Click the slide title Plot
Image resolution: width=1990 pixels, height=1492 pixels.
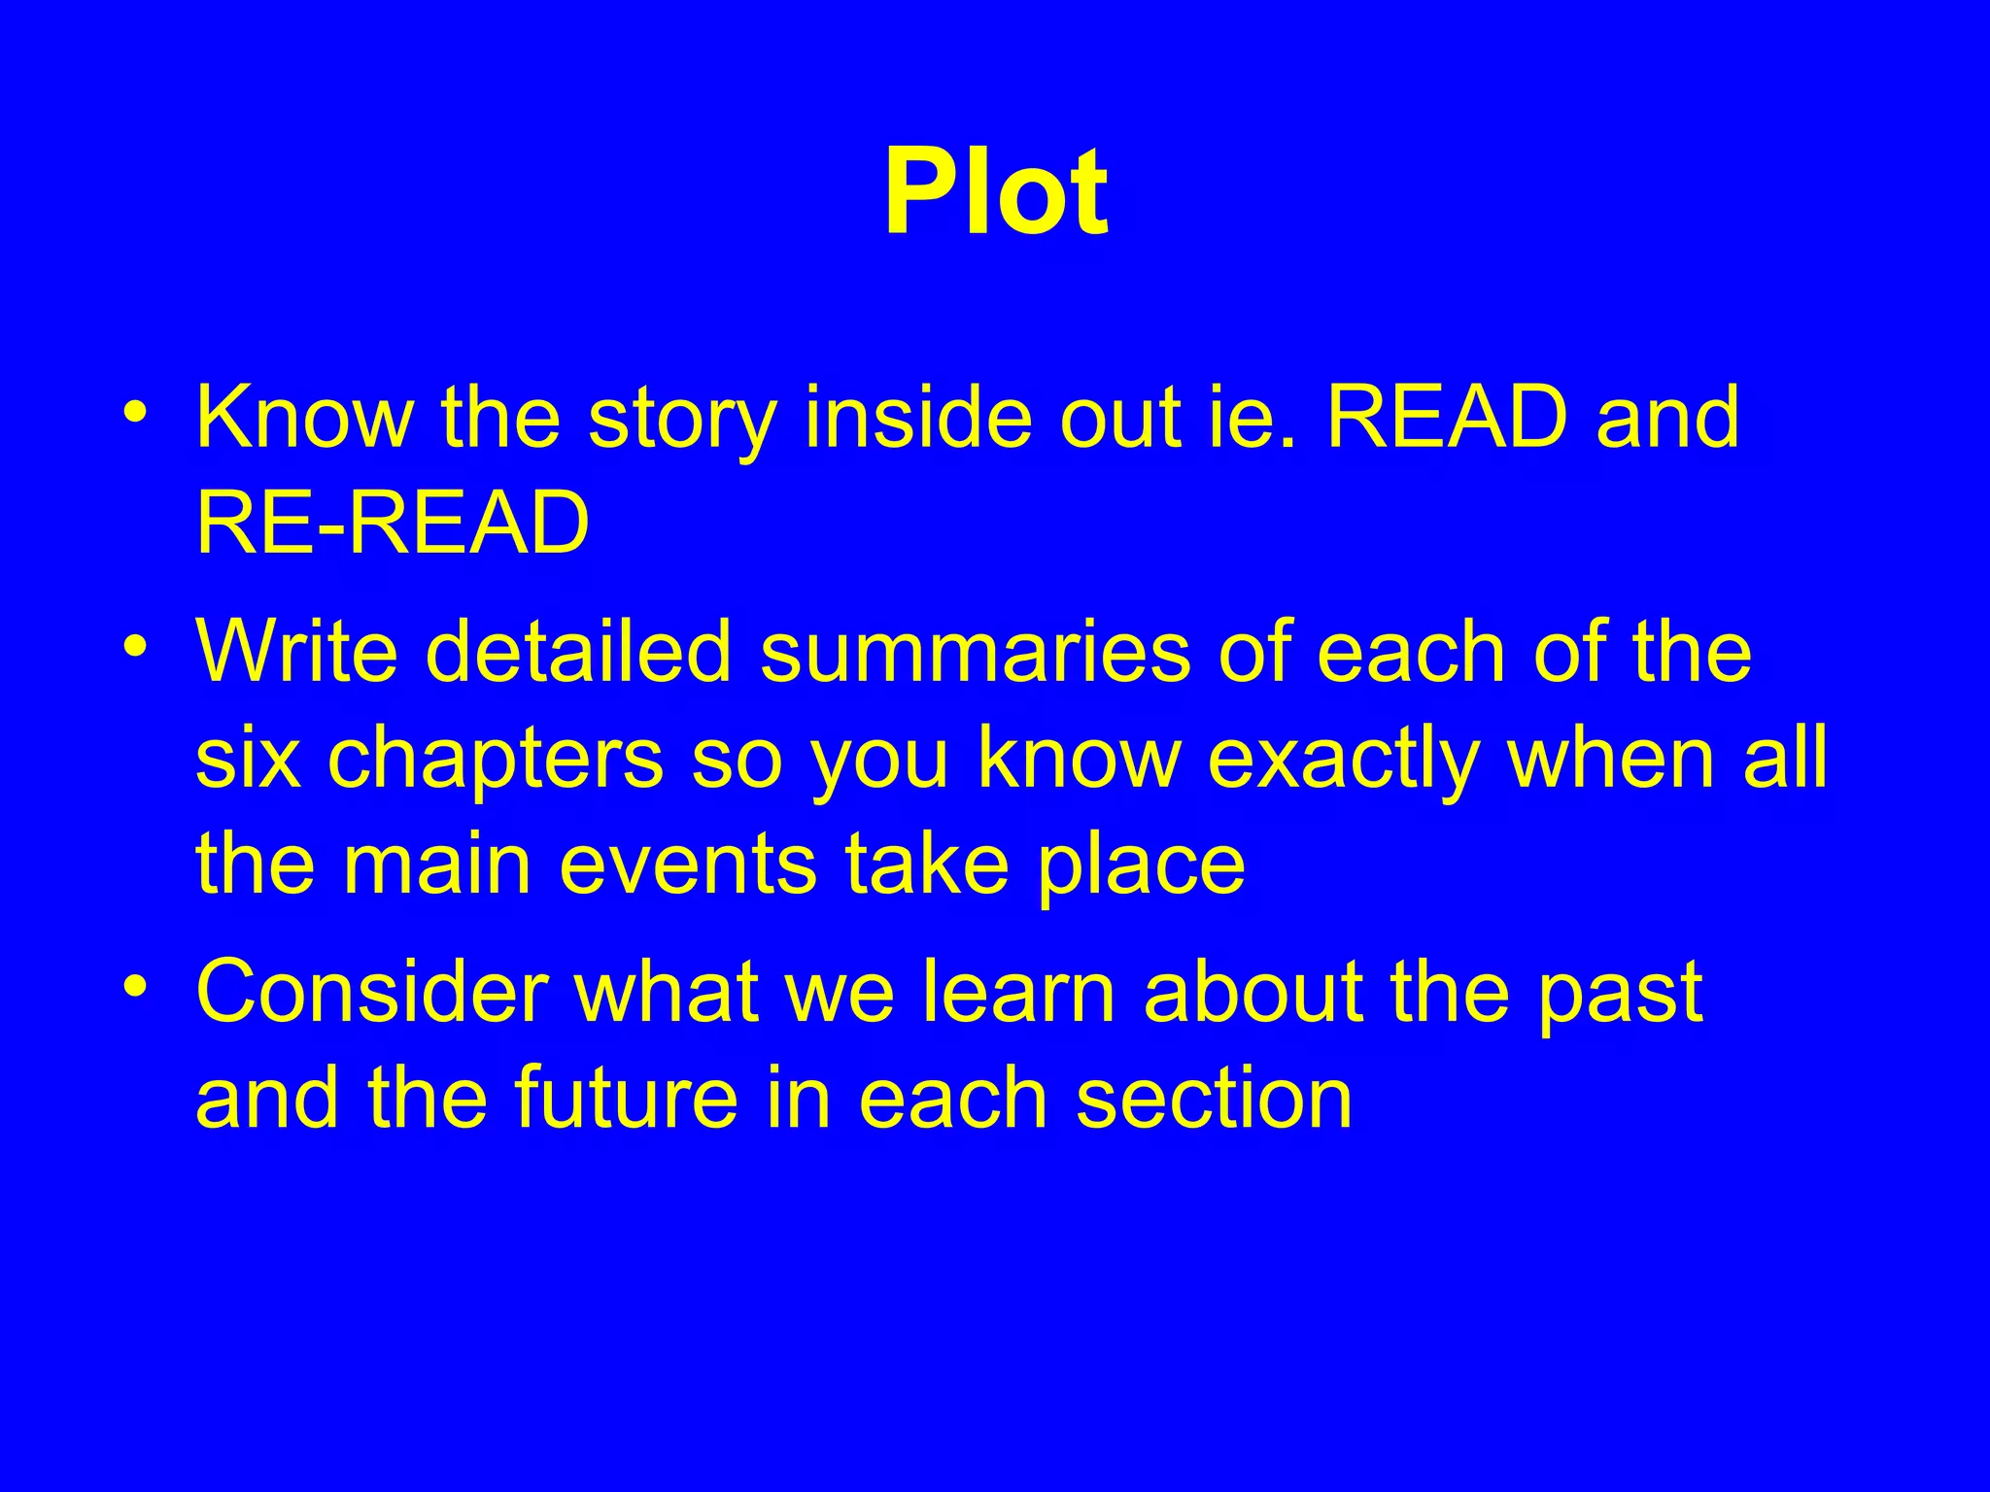point(995,192)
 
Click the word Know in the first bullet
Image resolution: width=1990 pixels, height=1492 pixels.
point(304,418)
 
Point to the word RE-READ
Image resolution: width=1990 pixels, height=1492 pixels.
point(393,524)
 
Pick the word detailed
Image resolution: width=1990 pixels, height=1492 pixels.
point(577,652)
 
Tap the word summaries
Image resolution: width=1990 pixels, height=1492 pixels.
point(975,652)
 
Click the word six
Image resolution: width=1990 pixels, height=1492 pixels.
point(247,759)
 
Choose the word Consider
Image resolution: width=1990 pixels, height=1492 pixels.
point(371,992)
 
